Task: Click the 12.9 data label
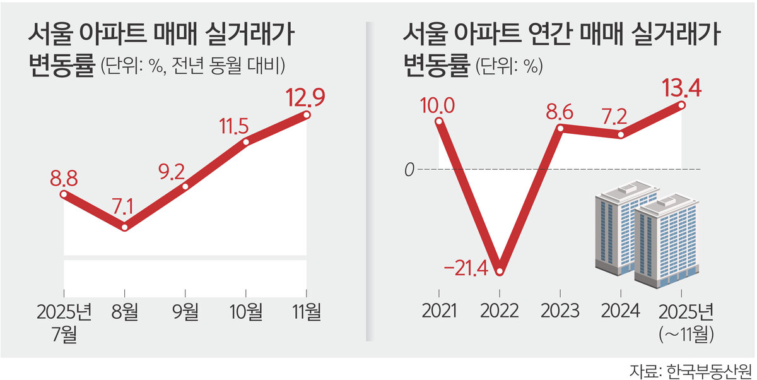coord(305,98)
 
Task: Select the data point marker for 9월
coord(185,187)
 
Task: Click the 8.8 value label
coord(63,179)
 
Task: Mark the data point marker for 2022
coord(500,272)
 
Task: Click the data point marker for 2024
coord(621,134)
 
